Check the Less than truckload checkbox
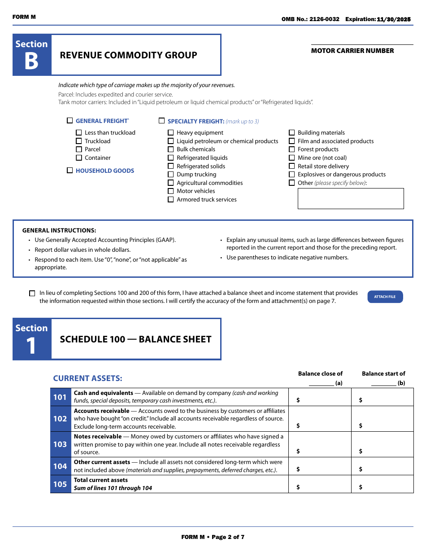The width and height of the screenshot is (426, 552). point(79,133)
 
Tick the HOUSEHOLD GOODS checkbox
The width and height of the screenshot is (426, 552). point(70,171)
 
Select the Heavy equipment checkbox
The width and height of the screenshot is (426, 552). point(171,133)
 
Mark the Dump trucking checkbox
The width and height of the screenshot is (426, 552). point(171,175)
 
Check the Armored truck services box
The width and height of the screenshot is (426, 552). point(171,200)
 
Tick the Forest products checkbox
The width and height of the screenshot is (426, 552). point(292,149)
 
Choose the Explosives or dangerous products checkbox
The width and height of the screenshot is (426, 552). point(292,175)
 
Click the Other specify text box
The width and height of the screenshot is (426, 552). point(351,198)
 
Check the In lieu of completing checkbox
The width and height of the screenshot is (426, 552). point(32,294)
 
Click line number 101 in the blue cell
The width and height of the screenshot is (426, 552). point(60,397)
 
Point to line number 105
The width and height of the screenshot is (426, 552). point(60,484)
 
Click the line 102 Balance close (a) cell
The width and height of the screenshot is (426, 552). point(320,419)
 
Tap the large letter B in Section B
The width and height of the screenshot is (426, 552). point(31,61)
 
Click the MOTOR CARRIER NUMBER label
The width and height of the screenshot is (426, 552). point(352,51)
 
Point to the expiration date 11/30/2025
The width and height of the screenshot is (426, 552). point(394,19)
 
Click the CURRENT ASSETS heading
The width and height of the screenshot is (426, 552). point(87,378)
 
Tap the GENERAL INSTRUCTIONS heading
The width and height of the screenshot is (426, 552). point(59,230)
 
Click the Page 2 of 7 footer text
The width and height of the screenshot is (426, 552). point(213,537)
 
